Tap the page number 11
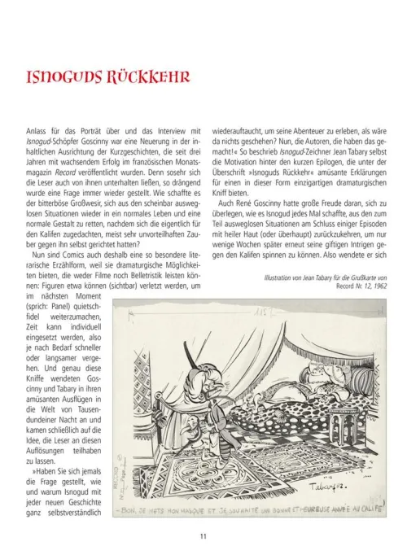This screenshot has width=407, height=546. (203, 535)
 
